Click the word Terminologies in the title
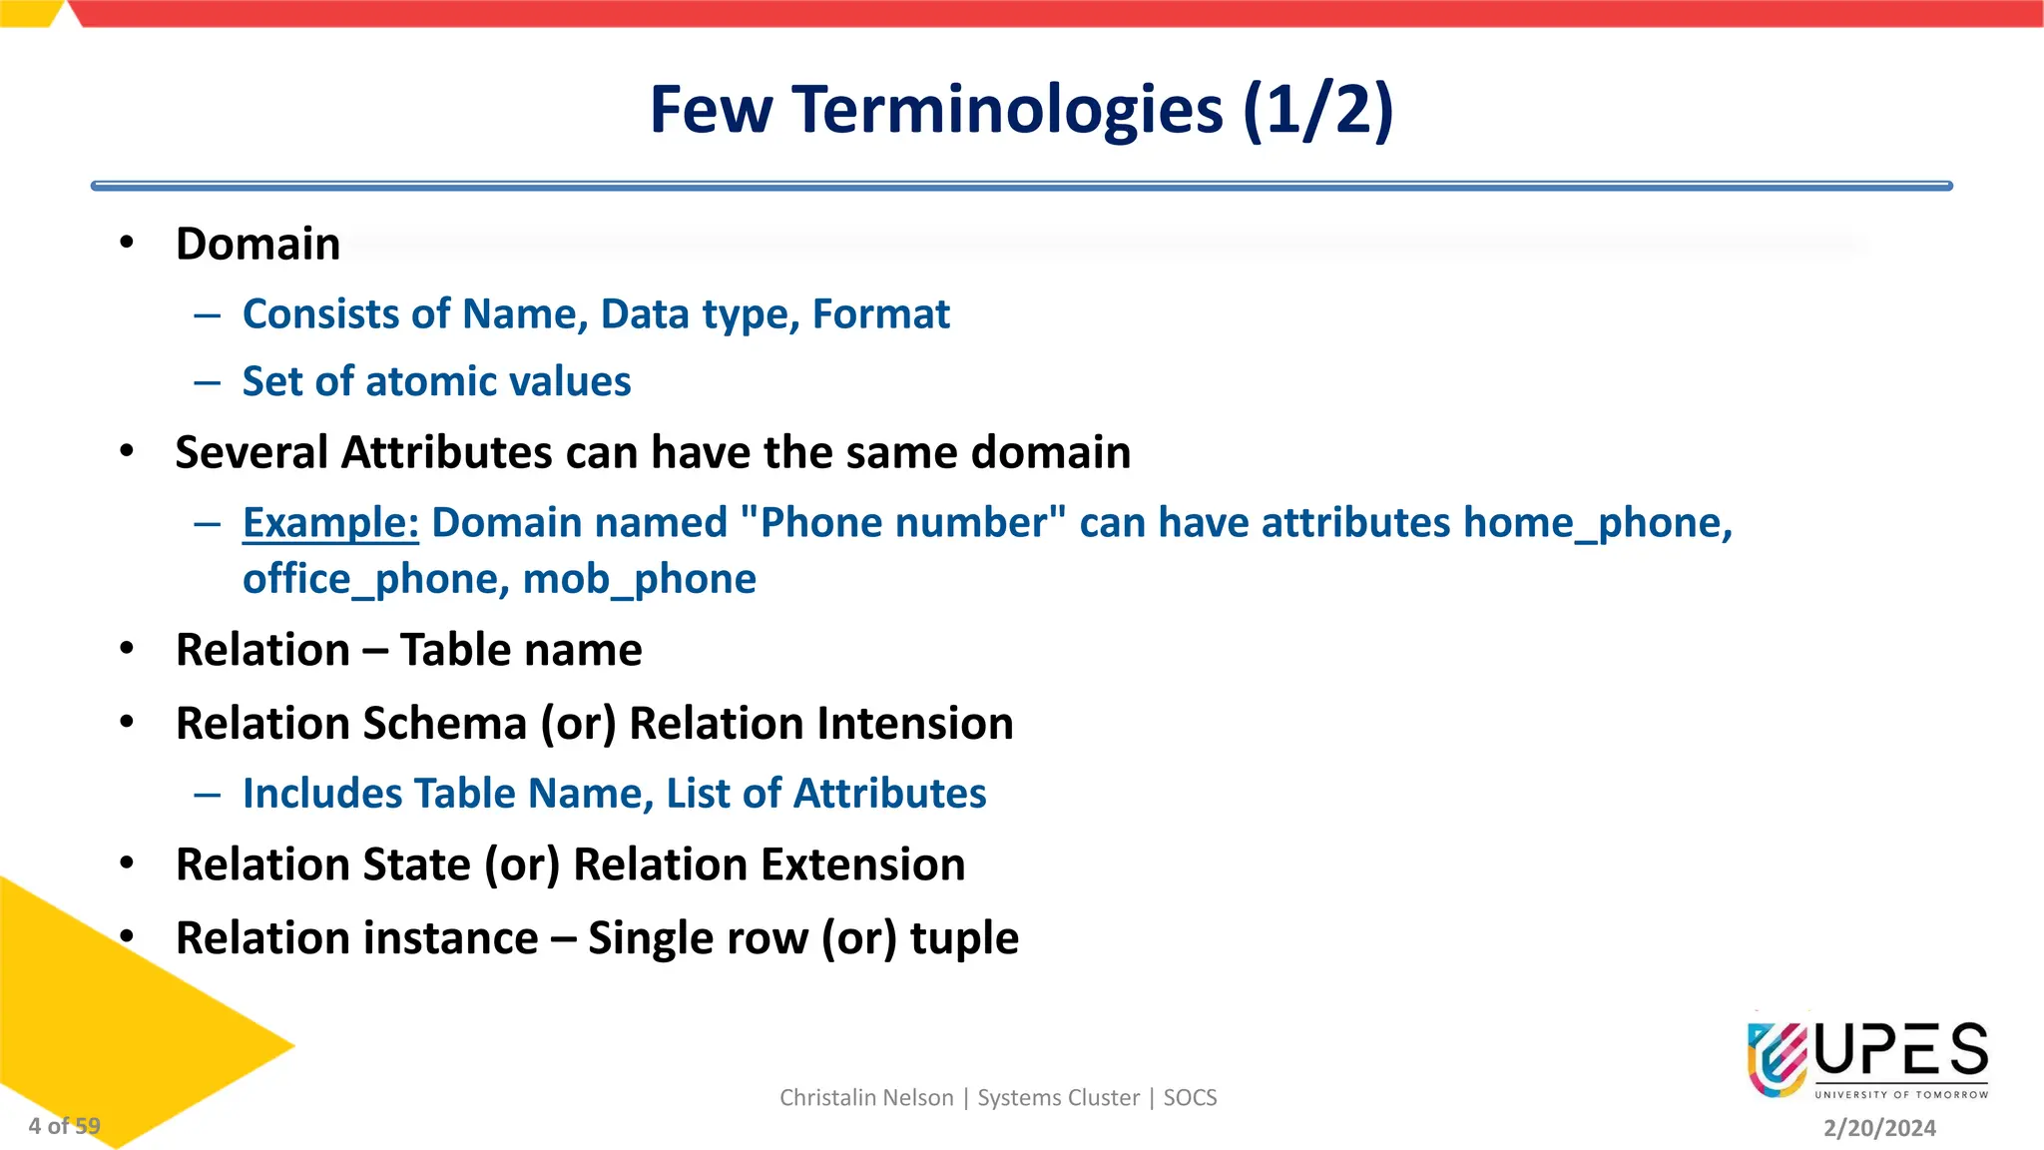[1008, 110]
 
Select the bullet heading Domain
[257, 245]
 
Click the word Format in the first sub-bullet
[880, 314]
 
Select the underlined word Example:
[330, 523]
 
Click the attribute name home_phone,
[1597, 523]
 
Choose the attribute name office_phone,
[376, 580]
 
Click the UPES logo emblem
[1777, 1058]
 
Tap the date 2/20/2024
[1879, 1128]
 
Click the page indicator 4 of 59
[64, 1126]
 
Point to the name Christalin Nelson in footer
[866, 1098]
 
